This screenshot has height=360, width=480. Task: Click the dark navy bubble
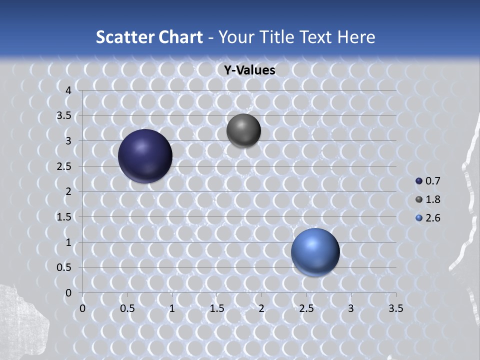point(145,156)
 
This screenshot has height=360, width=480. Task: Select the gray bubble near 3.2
point(243,130)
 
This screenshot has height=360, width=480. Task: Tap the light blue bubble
point(315,252)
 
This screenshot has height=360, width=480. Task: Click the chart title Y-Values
point(249,70)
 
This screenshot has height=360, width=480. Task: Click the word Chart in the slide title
point(180,37)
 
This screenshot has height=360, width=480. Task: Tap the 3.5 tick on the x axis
point(396,308)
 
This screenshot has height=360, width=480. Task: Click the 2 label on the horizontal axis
point(261,308)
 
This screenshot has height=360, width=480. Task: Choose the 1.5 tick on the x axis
point(216,308)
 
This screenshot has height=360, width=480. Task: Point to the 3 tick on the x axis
point(351,308)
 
